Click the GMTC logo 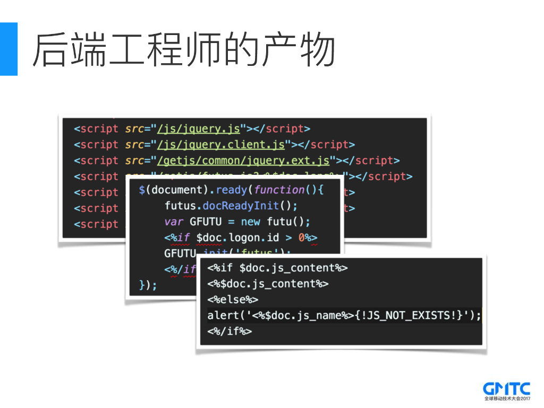coord(506,388)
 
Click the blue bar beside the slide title coord(8,49)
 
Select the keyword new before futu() coord(251,222)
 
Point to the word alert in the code coord(223,316)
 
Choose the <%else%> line coord(233,300)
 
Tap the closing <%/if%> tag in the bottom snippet coord(229,331)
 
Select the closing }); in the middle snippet coord(148,285)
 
